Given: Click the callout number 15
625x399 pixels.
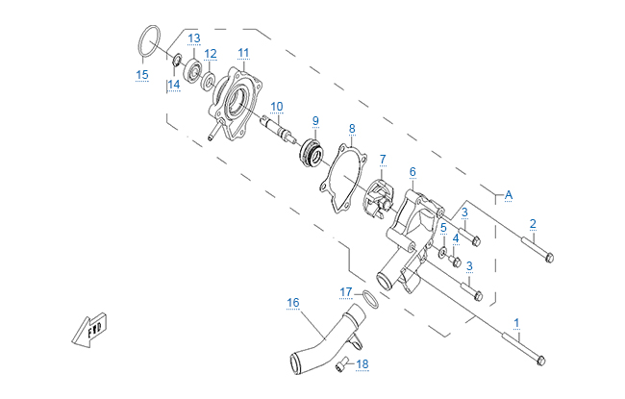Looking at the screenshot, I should point(141,74).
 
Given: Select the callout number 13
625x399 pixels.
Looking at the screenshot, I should point(193,37).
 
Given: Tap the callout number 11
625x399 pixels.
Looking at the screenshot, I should point(243,52).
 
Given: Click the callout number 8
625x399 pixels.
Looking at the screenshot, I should point(352,128).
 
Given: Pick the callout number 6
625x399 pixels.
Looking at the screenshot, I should point(412,171).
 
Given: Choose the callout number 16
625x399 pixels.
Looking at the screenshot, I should point(293,302).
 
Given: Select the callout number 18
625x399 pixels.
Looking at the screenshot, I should point(362,364).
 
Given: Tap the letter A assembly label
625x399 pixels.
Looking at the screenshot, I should point(509,195).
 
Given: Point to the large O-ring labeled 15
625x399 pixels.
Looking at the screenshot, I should point(146,42).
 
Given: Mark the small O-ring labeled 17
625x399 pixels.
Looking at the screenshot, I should point(367,294).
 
